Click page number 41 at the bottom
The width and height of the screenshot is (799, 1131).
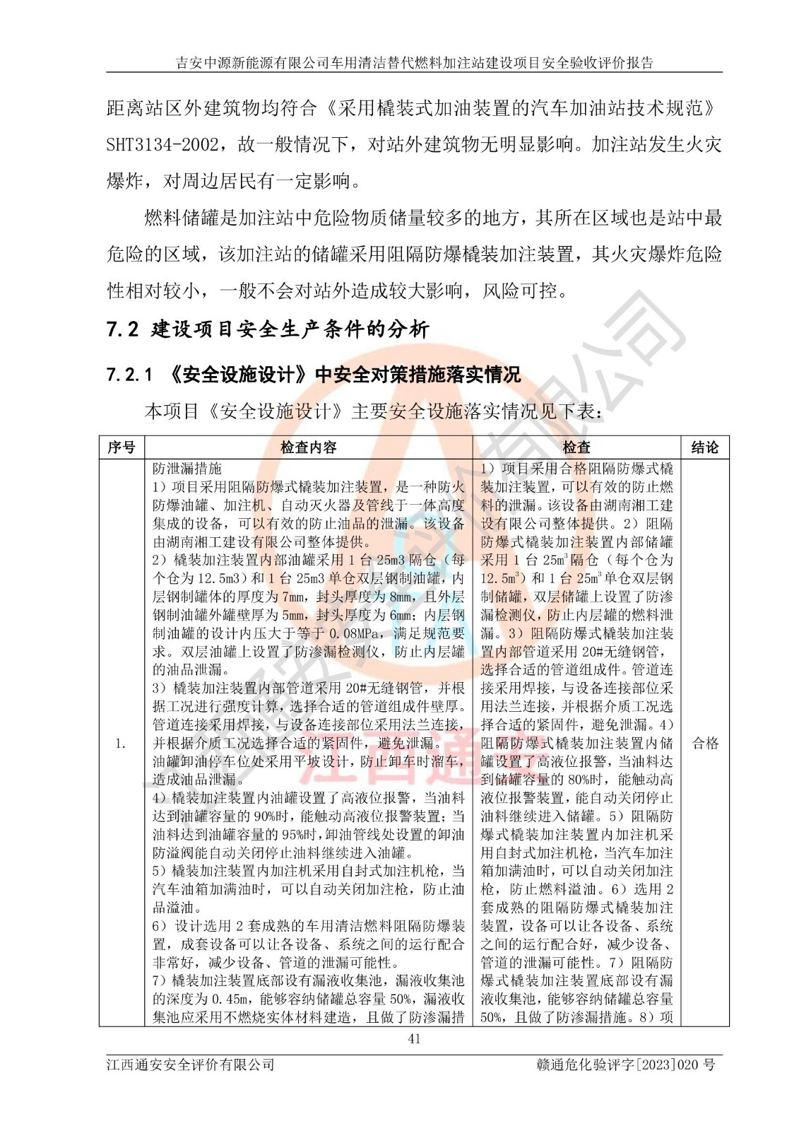[415, 1038]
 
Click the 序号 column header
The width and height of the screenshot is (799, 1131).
[122, 447]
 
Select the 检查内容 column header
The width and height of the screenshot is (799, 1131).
[309, 447]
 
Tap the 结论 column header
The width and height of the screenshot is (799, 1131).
[704, 447]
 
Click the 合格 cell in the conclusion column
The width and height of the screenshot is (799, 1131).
[704, 743]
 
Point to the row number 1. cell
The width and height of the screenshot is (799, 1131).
[121, 743]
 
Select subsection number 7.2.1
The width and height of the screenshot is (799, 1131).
[129, 375]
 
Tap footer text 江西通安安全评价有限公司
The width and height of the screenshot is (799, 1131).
[190, 1065]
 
